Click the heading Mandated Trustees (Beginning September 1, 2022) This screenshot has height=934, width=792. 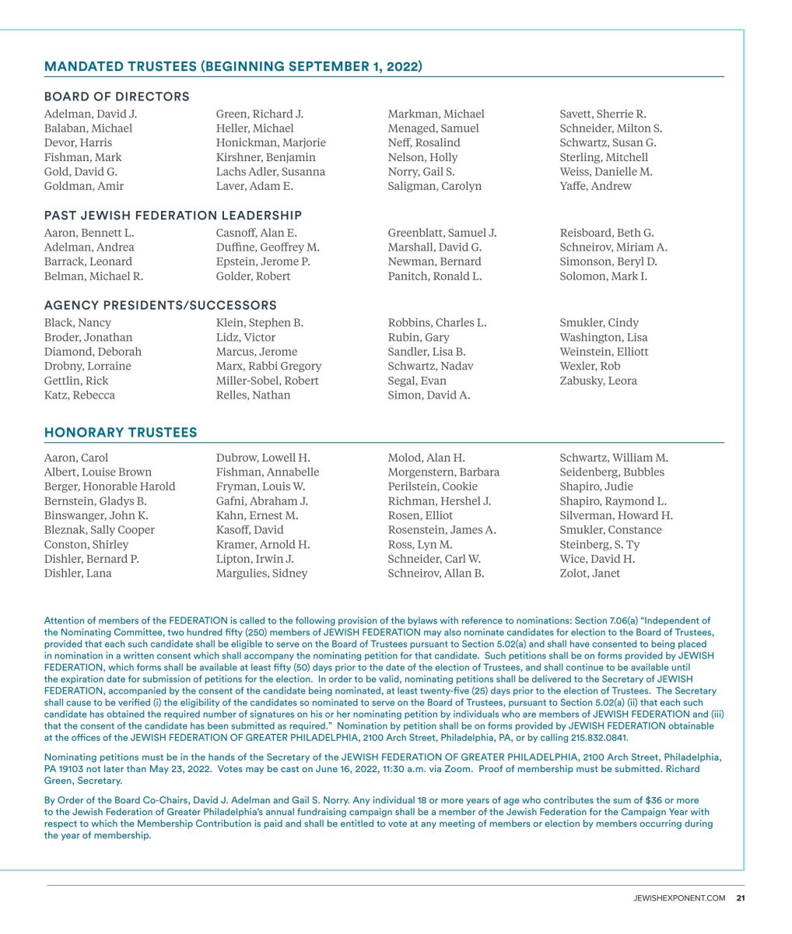pyautogui.click(x=233, y=66)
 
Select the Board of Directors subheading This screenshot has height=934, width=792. pyautogui.click(x=117, y=97)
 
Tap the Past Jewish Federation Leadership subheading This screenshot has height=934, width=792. pyautogui.click(x=173, y=216)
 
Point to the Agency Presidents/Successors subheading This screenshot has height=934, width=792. pyautogui.click(x=160, y=305)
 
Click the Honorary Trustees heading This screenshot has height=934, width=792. pyautogui.click(x=121, y=433)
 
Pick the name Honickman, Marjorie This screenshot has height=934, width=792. pyautogui.click(x=271, y=142)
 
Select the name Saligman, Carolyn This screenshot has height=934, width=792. pyautogui.click(x=434, y=186)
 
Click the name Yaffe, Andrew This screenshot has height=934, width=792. pyautogui.click(x=595, y=186)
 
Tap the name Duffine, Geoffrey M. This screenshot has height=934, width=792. pyautogui.click(x=268, y=248)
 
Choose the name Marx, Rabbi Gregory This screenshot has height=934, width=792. pyautogui.click(x=268, y=366)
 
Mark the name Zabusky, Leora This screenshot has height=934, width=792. pyautogui.click(x=598, y=381)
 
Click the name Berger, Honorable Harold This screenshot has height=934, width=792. pyautogui.click(x=110, y=486)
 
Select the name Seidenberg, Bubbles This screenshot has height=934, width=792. pyautogui.click(x=612, y=472)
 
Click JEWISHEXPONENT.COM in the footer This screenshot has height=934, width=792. pyautogui.click(x=679, y=898)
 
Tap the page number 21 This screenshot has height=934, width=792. pyautogui.click(x=741, y=898)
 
